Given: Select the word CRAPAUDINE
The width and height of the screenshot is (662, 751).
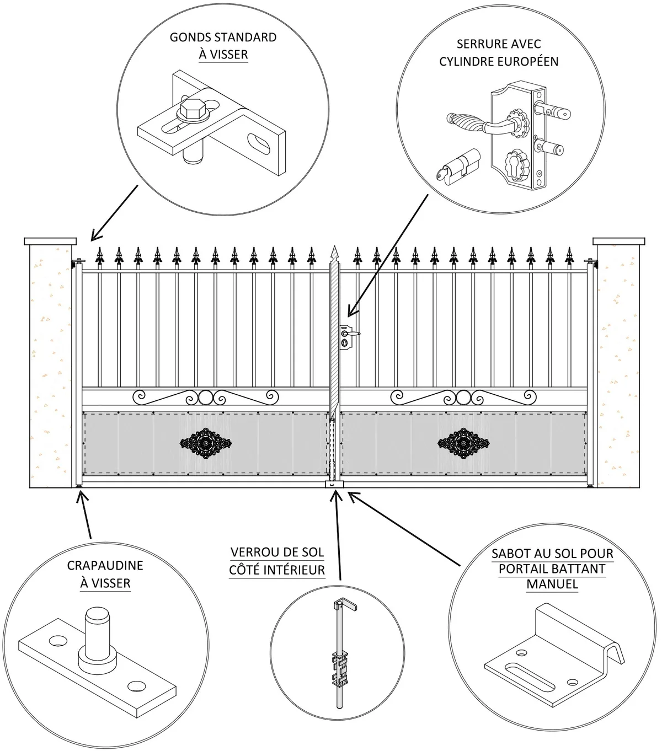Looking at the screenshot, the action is [105, 565].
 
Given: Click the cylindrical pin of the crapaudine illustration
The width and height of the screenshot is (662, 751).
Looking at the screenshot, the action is [98, 628].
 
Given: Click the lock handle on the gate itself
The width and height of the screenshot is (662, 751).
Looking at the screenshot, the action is [351, 334].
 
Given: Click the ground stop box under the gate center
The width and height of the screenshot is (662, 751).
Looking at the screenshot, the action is [334, 485].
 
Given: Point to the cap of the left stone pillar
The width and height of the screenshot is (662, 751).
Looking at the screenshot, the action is [50, 242].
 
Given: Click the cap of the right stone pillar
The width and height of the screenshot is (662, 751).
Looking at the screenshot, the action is [618, 242].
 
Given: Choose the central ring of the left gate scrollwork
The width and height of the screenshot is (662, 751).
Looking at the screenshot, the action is [205, 398].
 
